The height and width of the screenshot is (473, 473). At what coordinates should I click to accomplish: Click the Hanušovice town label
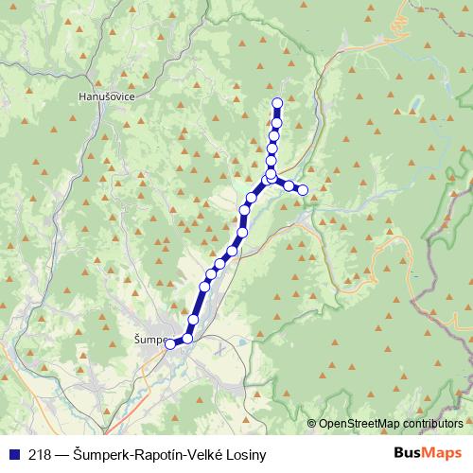107,96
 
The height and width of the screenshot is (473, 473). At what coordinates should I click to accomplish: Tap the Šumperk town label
149,339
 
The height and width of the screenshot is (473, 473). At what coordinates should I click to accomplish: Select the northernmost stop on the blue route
277,103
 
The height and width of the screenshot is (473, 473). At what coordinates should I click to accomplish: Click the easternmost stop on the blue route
304,190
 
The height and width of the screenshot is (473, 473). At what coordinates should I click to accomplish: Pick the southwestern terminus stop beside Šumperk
170,344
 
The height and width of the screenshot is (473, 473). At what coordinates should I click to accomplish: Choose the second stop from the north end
276,122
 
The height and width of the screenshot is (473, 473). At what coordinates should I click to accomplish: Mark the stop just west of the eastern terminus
289,185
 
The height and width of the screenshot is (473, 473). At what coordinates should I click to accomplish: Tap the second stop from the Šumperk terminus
187,338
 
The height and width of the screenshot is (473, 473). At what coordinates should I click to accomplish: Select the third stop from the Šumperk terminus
193,320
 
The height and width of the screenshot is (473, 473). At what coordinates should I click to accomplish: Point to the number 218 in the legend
41,454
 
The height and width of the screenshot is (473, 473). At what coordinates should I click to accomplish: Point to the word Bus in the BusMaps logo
408,453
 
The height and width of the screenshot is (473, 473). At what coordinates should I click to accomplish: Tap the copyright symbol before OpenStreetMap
312,424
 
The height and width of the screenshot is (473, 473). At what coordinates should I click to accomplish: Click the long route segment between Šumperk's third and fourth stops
199,303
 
